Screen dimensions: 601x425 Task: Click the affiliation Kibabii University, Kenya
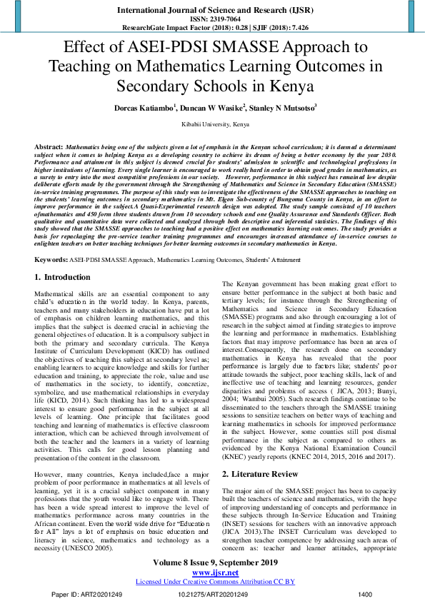point(212,124)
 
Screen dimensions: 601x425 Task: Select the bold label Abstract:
point(49,146)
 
